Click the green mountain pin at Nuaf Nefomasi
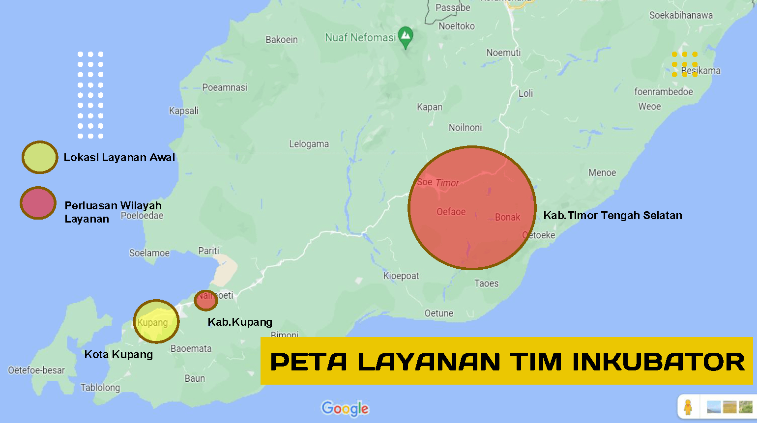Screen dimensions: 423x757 [406, 36]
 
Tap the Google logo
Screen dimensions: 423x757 [345, 408]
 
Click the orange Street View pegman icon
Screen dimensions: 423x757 [688, 407]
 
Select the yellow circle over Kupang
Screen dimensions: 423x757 [156, 321]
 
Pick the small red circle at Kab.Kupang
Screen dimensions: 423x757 [206, 300]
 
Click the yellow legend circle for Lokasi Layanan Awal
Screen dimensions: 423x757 [40, 157]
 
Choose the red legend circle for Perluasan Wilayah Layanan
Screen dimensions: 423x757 [38, 203]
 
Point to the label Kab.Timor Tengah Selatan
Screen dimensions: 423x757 [612, 215]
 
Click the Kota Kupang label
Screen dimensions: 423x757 [118, 354]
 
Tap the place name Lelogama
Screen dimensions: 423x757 [309, 144]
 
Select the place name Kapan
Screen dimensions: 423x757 [430, 107]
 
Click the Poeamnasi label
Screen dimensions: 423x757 [225, 87]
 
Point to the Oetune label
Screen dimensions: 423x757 [439, 313]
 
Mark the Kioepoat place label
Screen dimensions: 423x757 [401, 276]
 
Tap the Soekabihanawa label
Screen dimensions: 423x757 [681, 15]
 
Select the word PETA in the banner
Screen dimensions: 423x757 [309, 362]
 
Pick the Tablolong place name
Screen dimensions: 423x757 [100, 388]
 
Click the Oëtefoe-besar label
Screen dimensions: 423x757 [36, 370]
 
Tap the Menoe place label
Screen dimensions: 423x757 [602, 172]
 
